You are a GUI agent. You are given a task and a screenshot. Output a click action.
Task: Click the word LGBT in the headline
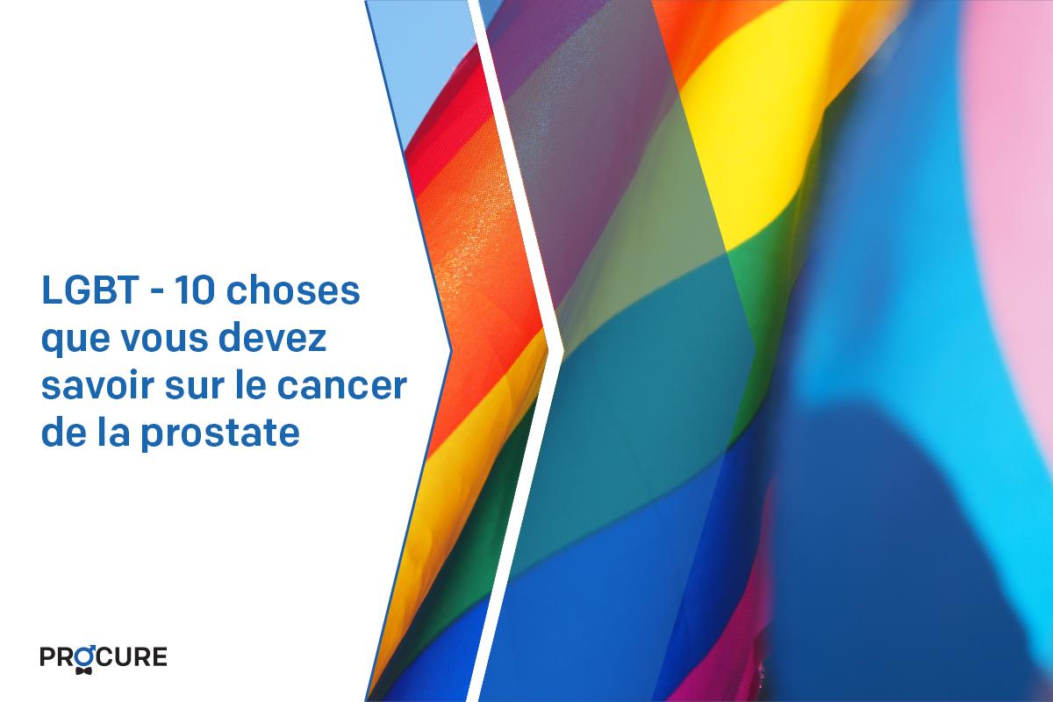pos(90,290)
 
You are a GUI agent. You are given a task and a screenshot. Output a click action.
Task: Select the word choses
pos(293,290)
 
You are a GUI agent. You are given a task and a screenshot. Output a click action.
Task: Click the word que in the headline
pos(75,340)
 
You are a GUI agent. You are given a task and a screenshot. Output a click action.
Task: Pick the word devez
pos(273,338)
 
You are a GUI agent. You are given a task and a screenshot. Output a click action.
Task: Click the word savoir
pos(97,385)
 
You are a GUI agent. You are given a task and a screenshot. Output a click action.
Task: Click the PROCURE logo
pos(104,659)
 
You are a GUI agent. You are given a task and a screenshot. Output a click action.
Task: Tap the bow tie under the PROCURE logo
pos(83,670)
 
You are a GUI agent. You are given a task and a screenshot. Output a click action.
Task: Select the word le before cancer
pos(255,385)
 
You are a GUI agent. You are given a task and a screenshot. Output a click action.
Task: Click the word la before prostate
pos(114,432)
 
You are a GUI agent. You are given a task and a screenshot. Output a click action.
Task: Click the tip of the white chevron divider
pos(563,351)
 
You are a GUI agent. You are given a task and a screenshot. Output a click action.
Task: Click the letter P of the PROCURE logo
pos(48,657)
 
